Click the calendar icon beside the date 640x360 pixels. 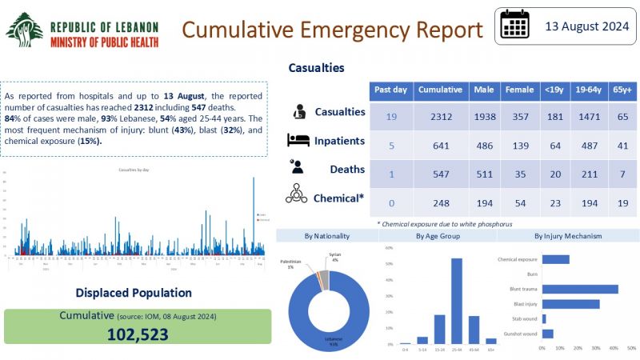pyautogui.click(x=515, y=26)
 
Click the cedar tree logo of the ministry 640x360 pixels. pyautogui.click(x=24, y=30)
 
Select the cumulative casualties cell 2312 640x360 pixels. pyautogui.click(x=439, y=118)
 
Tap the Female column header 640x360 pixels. pyautogui.click(x=519, y=90)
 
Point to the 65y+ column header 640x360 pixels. pyautogui.click(x=621, y=90)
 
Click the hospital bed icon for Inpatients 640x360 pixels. pyautogui.click(x=299, y=141)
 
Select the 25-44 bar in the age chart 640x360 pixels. pyautogui.click(x=457, y=301)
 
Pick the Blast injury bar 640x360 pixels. pyautogui.click(x=570, y=304)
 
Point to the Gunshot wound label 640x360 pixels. pyautogui.click(x=517, y=334)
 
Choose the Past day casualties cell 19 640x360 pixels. pyautogui.click(x=391, y=118)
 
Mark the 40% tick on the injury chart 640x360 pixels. pyautogui.click(x=614, y=350)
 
